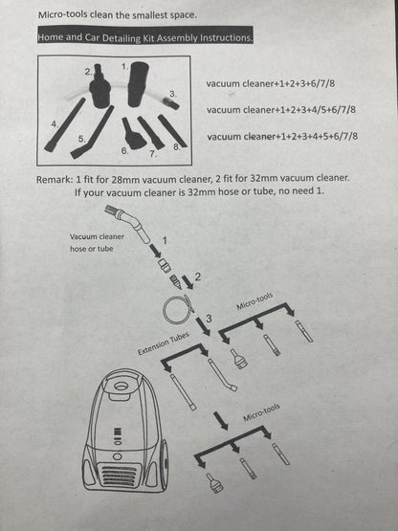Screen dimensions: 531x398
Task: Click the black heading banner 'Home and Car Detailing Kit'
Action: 145,37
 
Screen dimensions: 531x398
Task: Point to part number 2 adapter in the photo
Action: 100,89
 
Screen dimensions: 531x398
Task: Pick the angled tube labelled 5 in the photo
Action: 94,136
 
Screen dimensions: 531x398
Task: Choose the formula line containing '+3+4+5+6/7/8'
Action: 282,136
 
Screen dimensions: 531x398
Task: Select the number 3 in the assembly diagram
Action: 209,317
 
